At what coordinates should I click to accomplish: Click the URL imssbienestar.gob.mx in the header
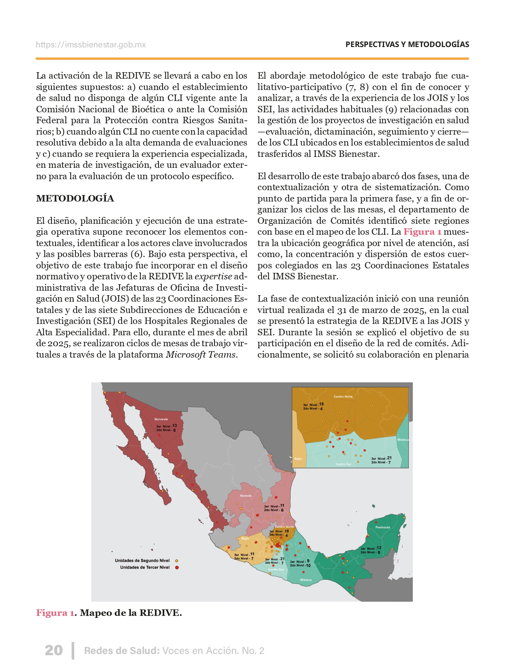(90, 45)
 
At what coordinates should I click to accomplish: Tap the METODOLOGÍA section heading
(75, 198)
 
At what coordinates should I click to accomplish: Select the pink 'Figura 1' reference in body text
(422, 232)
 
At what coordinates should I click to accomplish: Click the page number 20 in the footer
(54, 650)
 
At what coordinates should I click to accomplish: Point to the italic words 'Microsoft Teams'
(201, 355)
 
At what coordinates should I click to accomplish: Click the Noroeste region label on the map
(161, 419)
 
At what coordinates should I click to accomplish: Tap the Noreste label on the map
(246, 495)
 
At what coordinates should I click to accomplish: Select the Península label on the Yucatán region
(382, 527)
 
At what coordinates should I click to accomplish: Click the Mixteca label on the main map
(306, 580)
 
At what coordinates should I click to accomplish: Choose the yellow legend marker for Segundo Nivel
(177, 561)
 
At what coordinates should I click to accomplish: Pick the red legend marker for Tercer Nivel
(177, 567)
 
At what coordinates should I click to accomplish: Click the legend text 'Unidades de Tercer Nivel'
(145, 567)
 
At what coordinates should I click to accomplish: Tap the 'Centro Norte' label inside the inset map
(343, 397)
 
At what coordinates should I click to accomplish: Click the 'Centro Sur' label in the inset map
(343, 464)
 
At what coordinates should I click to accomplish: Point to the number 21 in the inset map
(389, 458)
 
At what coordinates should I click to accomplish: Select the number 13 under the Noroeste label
(174, 426)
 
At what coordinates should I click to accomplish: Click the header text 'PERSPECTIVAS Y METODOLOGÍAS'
(407, 45)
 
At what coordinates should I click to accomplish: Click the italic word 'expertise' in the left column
(213, 277)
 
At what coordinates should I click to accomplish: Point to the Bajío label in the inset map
(298, 459)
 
